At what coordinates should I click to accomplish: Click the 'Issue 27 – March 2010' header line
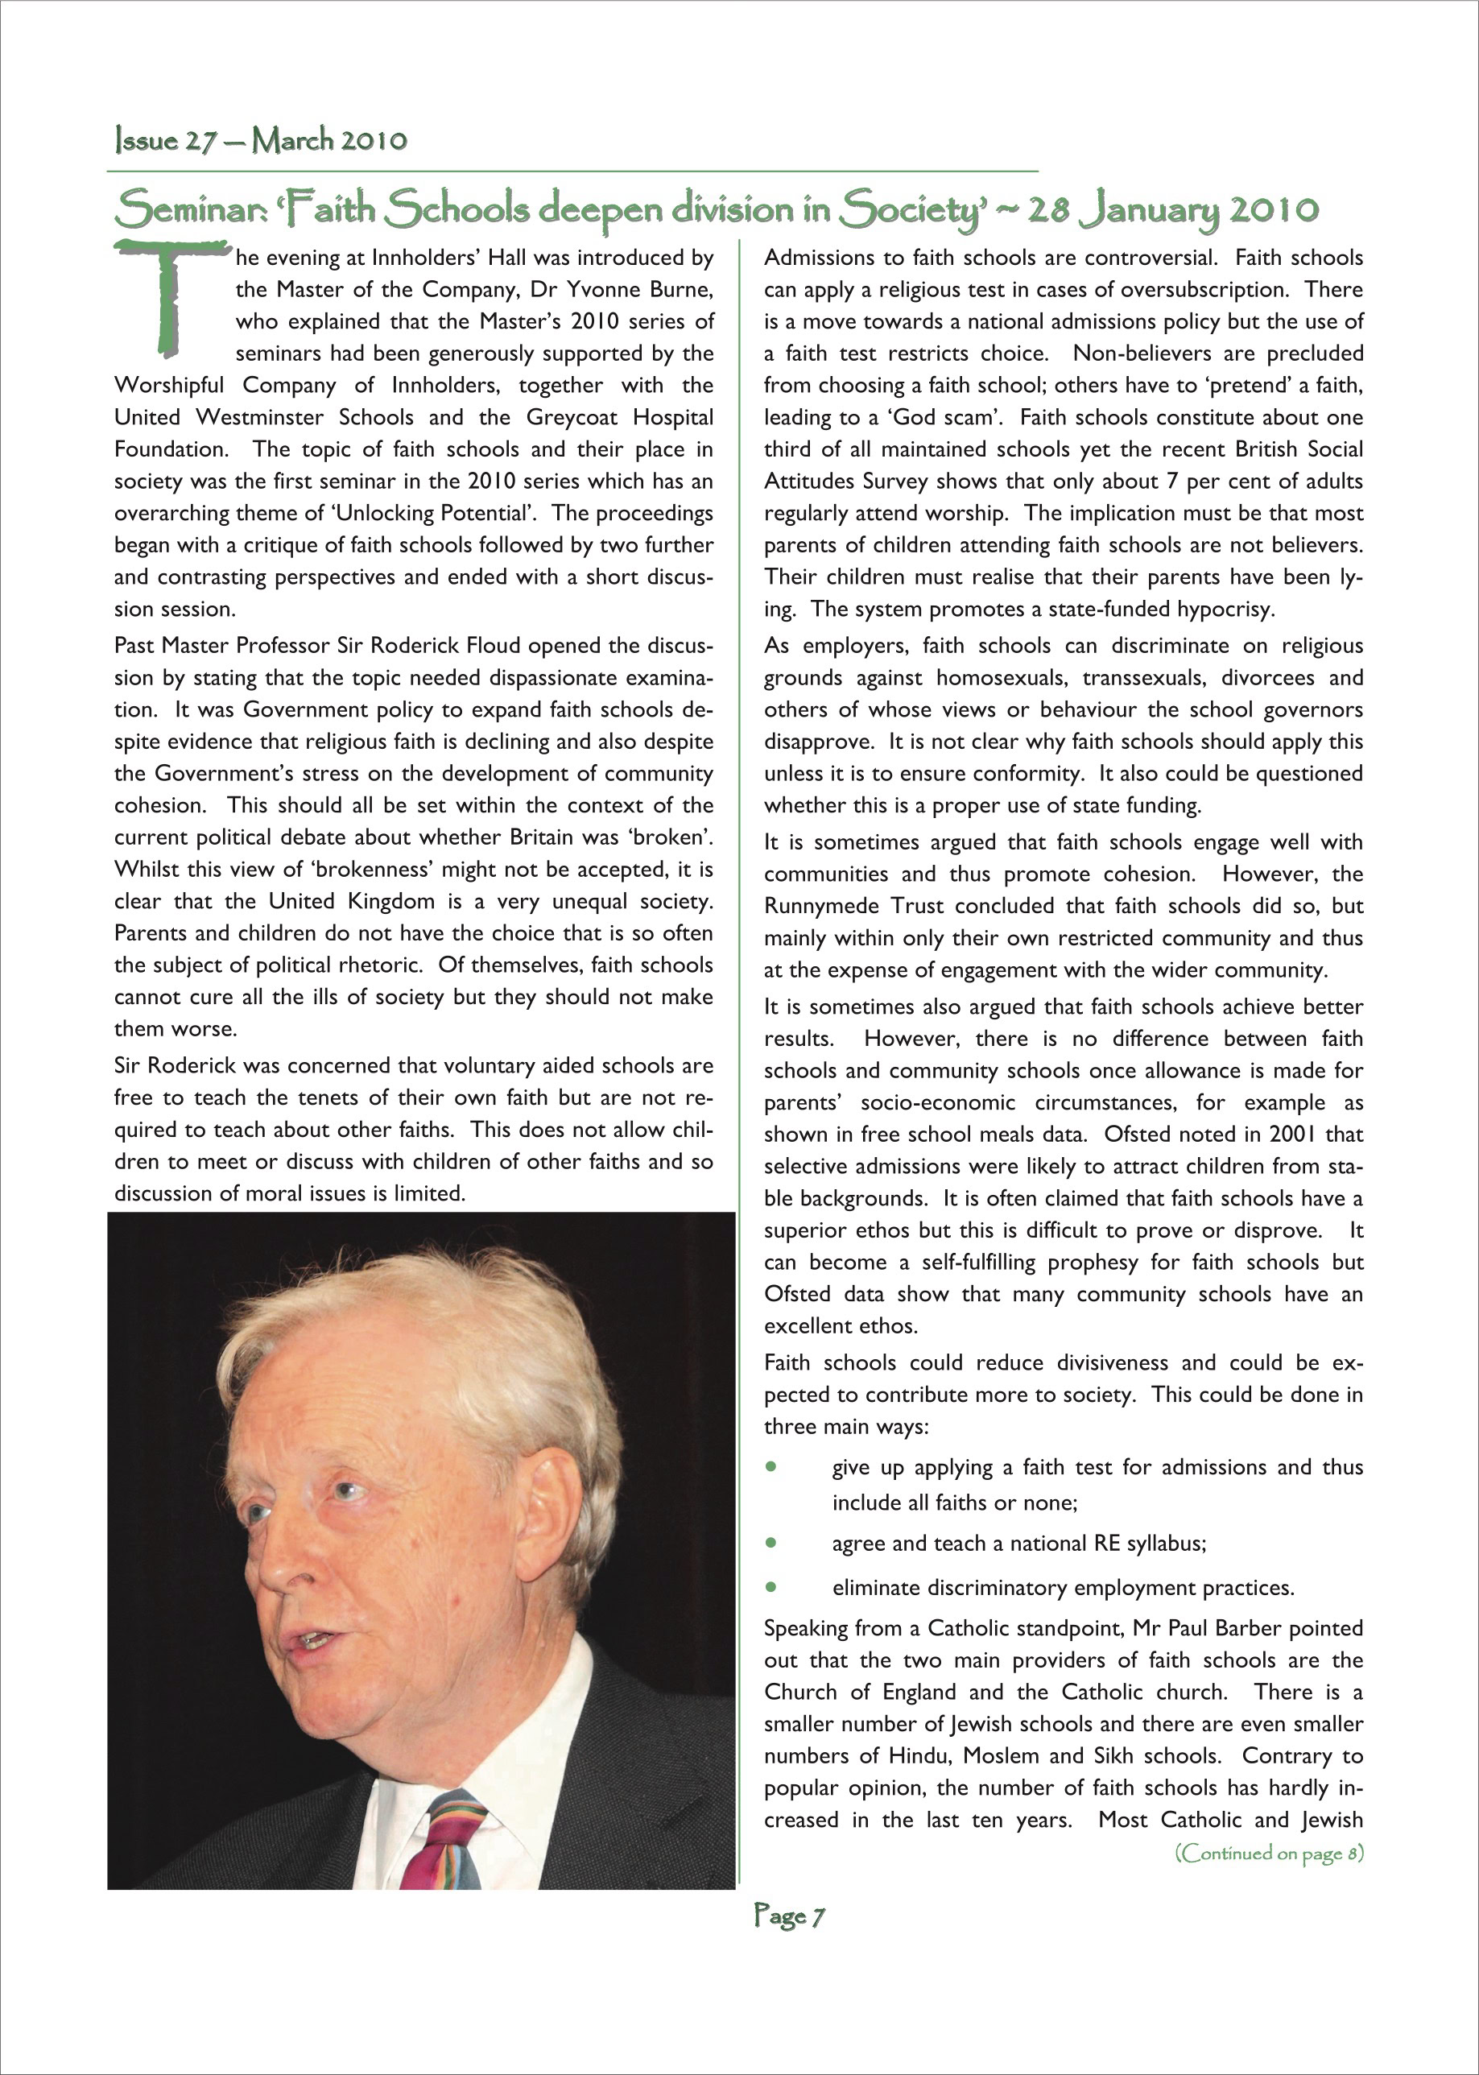coord(261,140)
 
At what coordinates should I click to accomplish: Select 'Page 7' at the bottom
coord(789,1916)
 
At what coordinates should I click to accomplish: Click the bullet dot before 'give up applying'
coord(771,1467)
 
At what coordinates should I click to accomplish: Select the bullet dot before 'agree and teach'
coord(771,1543)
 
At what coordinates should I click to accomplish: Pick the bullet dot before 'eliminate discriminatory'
coord(771,1587)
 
